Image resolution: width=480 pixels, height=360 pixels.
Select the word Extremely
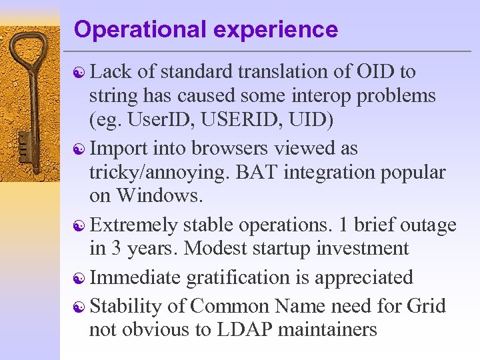coord(134,225)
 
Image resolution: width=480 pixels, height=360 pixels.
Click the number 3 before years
coord(116,249)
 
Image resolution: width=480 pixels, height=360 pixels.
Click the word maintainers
coord(332,329)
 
